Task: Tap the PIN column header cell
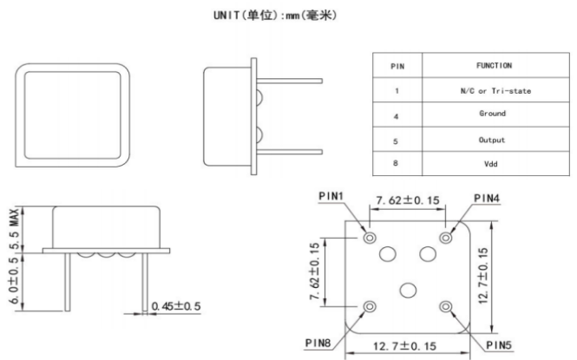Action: [x=396, y=66]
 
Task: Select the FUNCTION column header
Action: [x=494, y=66]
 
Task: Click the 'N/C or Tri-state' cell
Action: [x=494, y=90]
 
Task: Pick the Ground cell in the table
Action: [x=493, y=114]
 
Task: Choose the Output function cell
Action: [x=493, y=140]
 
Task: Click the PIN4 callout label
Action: [x=487, y=199]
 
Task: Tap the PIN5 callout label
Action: [x=498, y=344]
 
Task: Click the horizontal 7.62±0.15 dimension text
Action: [x=408, y=201]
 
